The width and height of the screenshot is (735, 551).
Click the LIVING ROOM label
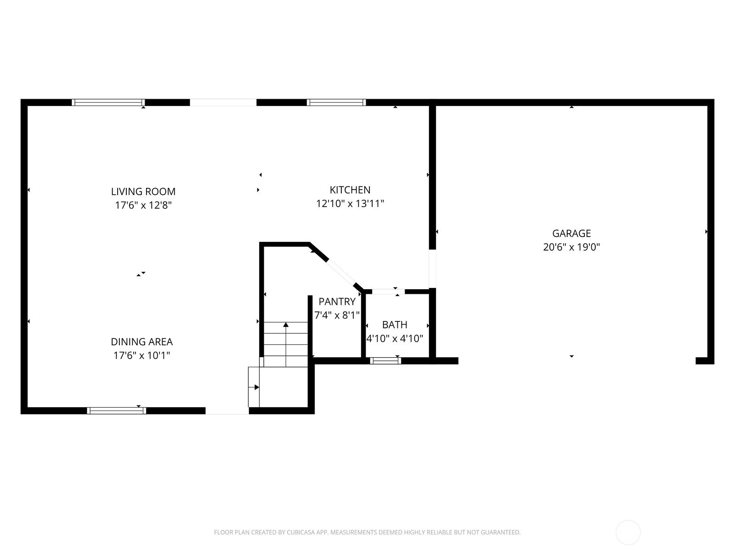(143, 191)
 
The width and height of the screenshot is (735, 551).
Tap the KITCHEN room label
(350, 190)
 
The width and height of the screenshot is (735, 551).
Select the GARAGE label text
(571, 233)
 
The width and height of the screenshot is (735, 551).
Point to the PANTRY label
(337, 301)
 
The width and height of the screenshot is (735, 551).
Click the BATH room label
(395, 325)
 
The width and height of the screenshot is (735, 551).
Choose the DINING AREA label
(141, 342)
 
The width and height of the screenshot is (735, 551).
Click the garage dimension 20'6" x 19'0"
(571, 247)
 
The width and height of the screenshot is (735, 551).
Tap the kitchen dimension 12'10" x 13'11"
(350, 203)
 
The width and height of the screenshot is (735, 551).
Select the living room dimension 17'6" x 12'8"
(143, 205)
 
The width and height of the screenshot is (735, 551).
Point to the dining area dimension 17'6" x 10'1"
(141, 355)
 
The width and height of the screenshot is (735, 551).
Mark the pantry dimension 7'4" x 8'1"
(337, 315)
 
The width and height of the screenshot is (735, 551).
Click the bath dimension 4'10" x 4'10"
(395, 338)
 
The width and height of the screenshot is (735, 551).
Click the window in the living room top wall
(108, 102)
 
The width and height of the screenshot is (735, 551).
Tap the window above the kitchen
(336, 102)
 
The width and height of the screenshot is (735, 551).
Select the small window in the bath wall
(385, 360)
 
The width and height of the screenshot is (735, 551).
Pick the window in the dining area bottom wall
(117, 410)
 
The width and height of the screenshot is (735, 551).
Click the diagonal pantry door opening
(341, 272)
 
